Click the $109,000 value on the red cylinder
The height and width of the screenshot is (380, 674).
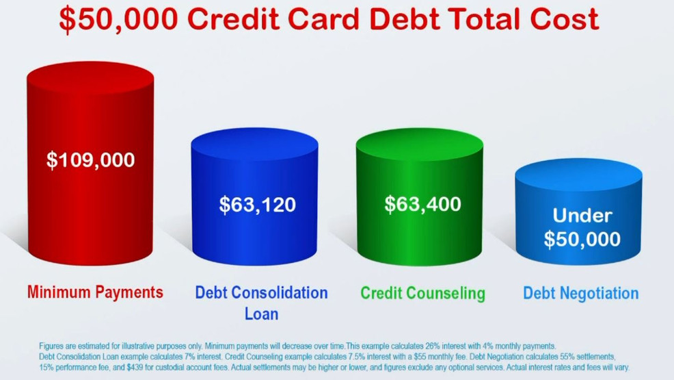(90, 160)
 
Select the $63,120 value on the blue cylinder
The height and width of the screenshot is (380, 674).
(257, 204)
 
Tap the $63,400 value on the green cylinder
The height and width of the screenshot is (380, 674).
(422, 204)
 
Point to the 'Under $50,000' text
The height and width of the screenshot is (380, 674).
(582, 227)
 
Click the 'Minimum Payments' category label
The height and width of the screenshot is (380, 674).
(95, 292)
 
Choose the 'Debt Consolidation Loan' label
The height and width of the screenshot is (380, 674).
(261, 303)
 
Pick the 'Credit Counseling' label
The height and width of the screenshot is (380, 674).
(422, 293)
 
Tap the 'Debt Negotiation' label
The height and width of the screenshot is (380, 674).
(580, 293)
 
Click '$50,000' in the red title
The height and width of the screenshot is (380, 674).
(118, 19)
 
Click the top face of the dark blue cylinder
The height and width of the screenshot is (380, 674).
(254, 142)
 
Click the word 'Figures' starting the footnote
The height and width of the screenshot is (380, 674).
(51, 346)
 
